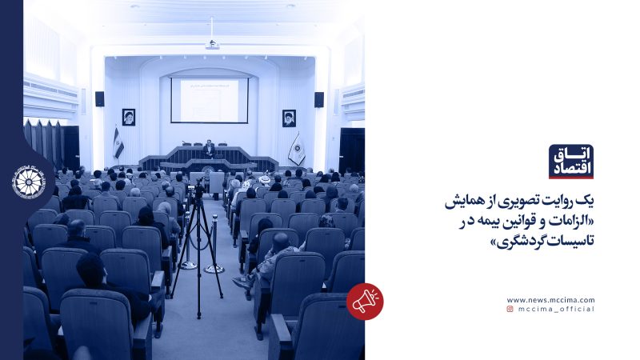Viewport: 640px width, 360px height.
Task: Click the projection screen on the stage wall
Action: pos(209,100)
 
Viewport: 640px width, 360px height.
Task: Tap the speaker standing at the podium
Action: pos(209,148)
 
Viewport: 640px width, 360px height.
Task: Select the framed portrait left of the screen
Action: pos(128,118)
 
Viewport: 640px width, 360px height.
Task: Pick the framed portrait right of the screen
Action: pos(289,118)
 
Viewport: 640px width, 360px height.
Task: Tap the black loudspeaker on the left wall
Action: pos(100,98)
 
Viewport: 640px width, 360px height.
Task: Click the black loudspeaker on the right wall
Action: pos(318,99)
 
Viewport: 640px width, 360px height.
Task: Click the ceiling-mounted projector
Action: pos(212,45)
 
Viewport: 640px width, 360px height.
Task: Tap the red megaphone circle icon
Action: pos(365,302)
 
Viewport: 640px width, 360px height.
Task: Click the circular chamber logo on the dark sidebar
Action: pos(30,182)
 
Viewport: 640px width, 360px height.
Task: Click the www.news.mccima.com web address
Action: pos(550,300)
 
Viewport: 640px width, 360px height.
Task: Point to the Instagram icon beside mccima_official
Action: pos(510,309)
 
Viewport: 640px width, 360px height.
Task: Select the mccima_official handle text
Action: pos(556,309)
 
